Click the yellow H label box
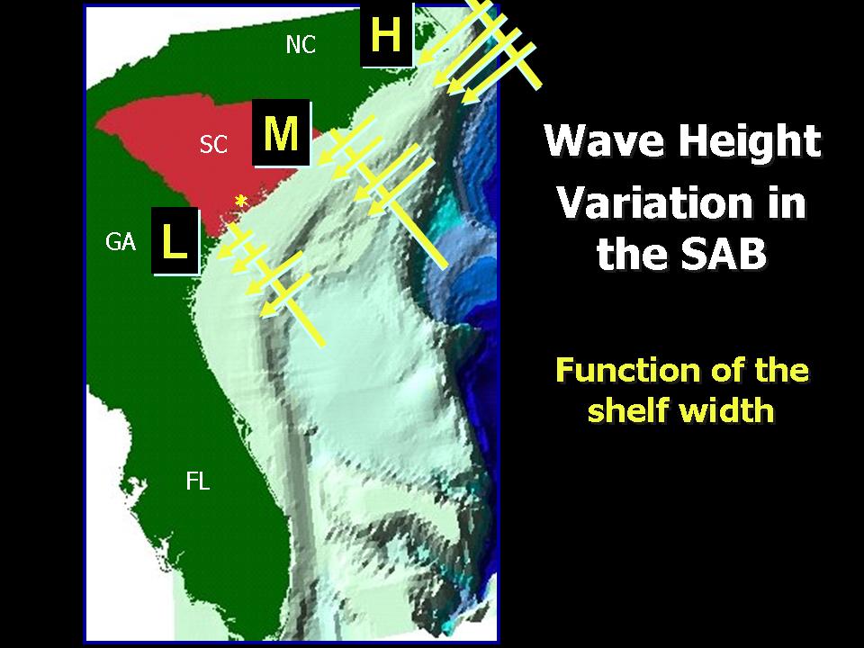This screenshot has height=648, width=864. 386,34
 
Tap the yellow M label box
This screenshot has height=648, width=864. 282,133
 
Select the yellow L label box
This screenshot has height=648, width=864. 175,241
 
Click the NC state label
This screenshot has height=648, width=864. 301,45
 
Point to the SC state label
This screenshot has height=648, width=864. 213,144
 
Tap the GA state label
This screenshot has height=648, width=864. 121,242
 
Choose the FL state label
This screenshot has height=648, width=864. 198,481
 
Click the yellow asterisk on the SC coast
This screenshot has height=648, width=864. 241,202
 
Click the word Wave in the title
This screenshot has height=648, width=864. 604,139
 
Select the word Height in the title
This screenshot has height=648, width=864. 750,141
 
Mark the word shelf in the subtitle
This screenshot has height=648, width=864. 623,409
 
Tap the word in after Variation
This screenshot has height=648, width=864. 784,202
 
